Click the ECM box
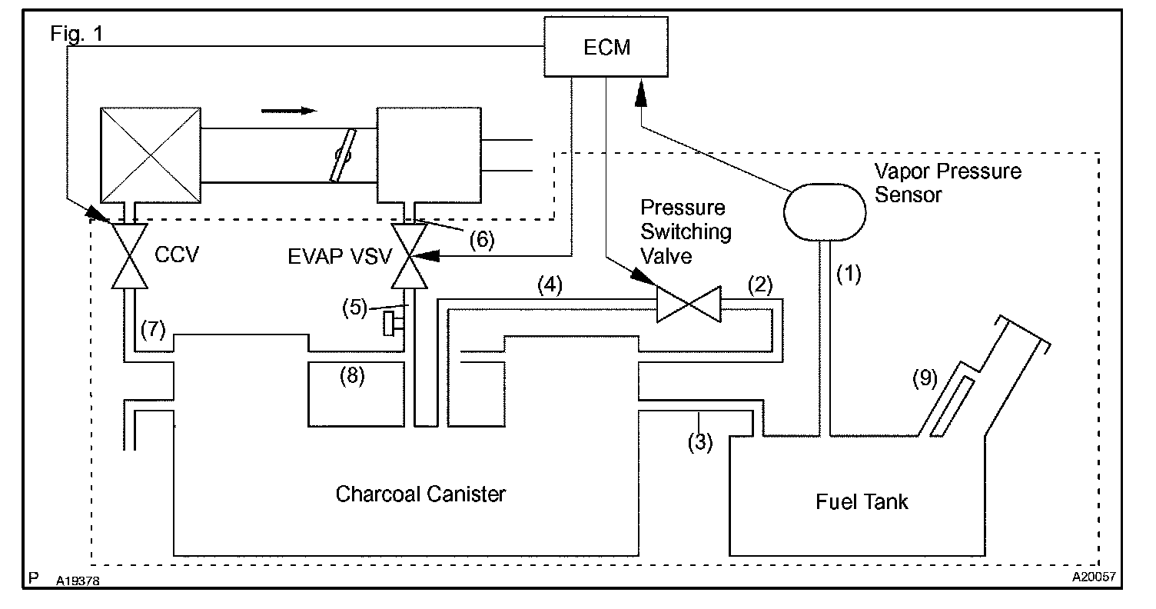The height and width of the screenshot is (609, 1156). [x=606, y=47]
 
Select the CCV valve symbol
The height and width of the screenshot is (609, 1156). [x=130, y=255]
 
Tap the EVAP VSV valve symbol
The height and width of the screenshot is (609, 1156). [x=409, y=255]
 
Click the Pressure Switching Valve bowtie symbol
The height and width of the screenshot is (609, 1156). [x=689, y=304]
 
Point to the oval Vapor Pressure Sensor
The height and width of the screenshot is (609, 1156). [x=825, y=212]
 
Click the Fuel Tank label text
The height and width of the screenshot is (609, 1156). [x=862, y=501]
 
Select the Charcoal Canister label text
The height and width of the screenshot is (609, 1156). [x=420, y=494]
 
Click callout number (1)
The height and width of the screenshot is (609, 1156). [x=849, y=274]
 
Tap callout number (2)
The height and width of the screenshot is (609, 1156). [x=760, y=285]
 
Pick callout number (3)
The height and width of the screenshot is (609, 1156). [x=700, y=442]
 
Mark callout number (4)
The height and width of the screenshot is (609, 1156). [x=550, y=285]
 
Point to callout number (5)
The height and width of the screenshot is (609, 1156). [x=354, y=308]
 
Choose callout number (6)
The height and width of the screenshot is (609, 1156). [x=482, y=239]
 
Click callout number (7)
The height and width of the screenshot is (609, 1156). [x=153, y=329]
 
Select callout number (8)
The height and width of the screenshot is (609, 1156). [x=352, y=376]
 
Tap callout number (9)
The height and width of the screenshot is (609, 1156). [x=925, y=378]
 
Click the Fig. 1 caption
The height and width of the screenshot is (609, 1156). [x=76, y=34]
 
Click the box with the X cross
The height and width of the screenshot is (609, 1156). [x=151, y=155]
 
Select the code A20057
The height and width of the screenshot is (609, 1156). [x=1094, y=577]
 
